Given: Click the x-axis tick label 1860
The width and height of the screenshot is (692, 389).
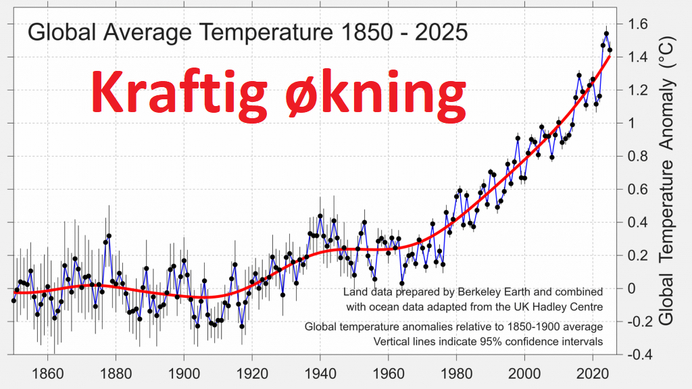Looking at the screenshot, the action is pos(48,374).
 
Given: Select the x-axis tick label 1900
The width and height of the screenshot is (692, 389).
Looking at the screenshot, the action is pos(184,374).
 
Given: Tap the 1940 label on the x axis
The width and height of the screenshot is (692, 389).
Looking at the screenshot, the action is pos(320,374).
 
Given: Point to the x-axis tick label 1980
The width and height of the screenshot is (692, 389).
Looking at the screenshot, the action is pos(456,374).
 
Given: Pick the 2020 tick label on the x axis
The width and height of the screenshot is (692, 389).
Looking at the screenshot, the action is pos(593,374).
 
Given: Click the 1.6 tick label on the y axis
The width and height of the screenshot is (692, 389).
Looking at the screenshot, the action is pos(637,24).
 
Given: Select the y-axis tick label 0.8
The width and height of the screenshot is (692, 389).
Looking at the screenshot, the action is pos(637,156).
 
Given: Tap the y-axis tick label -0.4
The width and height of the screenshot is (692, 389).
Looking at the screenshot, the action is pos(636,355).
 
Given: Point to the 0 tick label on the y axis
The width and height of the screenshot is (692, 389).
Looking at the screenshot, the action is pos(632,288).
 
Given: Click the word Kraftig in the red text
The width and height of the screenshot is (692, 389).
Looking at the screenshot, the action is pos(179,93).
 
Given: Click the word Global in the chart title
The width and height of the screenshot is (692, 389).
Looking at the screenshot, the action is pos(61,32).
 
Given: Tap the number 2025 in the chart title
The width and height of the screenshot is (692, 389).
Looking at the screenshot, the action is pos(441,32).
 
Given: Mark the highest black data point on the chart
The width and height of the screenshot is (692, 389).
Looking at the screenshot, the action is pos(606,34).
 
